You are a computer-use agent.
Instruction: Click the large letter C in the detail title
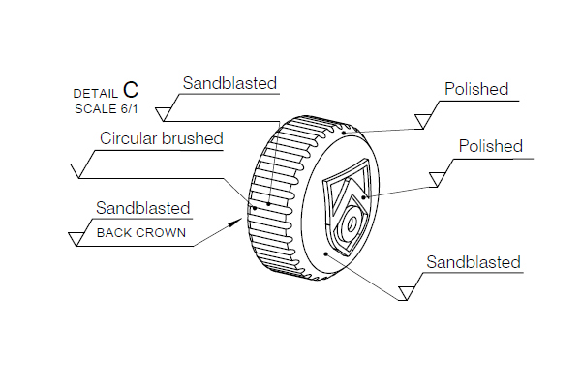(x=131, y=90)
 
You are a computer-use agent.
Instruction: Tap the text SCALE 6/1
(x=106, y=108)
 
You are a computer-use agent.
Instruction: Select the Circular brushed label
(x=162, y=138)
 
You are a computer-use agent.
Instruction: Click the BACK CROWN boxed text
(x=141, y=232)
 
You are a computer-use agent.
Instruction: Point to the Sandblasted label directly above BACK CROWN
(x=142, y=208)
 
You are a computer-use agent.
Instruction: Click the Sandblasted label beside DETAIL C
(x=229, y=83)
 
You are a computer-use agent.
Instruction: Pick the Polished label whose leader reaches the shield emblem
(x=490, y=147)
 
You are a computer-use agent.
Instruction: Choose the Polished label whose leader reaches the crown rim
(x=476, y=90)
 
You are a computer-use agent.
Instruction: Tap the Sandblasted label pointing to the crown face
(x=474, y=262)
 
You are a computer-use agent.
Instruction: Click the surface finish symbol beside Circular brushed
(x=81, y=169)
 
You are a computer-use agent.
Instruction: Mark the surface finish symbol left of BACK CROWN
(x=77, y=237)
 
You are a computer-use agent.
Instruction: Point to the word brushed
(x=193, y=138)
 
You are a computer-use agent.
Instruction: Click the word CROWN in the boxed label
(x=162, y=232)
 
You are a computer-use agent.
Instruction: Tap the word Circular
(x=130, y=138)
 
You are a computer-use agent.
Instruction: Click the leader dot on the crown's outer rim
(x=345, y=134)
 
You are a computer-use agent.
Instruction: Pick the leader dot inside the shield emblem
(x=364, y=197)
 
